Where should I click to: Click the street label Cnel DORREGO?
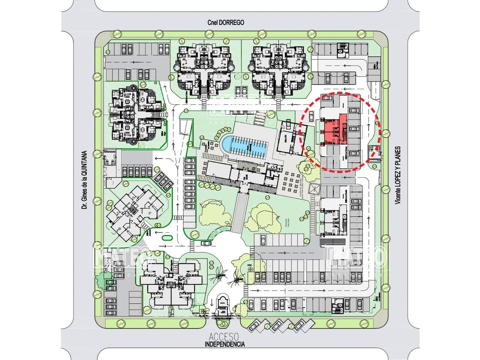[225, 23]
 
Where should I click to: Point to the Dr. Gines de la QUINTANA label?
[85, 180]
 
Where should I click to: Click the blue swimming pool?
[244, 146]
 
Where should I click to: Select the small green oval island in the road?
[166, 238]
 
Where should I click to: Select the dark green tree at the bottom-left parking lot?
[101, 282]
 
